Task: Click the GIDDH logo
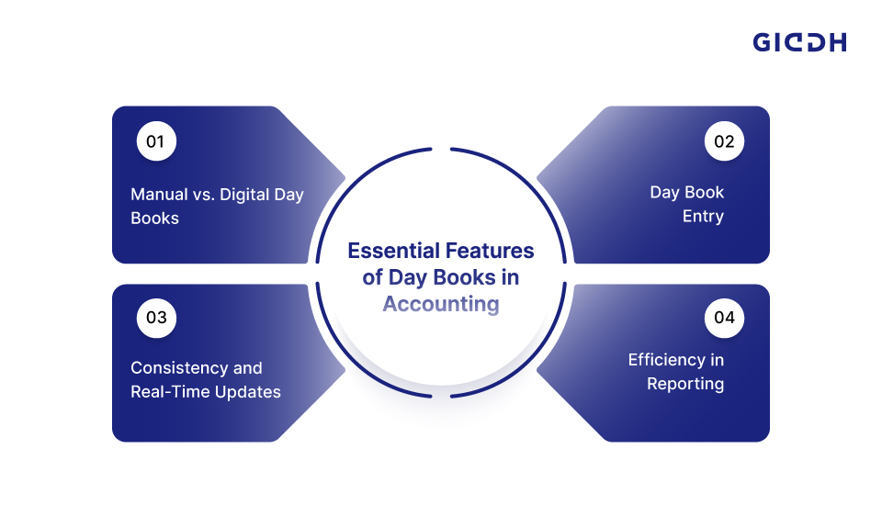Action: click(x=799, y=43)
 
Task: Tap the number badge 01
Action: click(x=156, y=141)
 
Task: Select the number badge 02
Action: click(x=724, y=141)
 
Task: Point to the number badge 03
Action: click(x=156, y=318)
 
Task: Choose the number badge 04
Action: click(x=724, y=318)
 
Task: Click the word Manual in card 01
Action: click(x=159, y=195)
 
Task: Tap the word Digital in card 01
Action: click(x=244, y=196)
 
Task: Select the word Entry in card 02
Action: click(x=703, y=217)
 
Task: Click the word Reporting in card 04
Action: click(x=685, y=384)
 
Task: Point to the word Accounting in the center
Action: click(x=441, y=304)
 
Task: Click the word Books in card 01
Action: click(x=154, y=219)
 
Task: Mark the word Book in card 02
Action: click(x=705, y=192)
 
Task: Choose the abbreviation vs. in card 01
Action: click(x=204, y=196)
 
